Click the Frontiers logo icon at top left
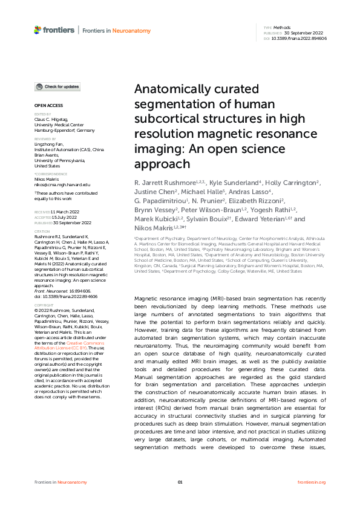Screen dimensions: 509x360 point(38,30)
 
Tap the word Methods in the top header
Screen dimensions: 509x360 point(281,28)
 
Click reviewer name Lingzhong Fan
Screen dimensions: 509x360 point(50,144)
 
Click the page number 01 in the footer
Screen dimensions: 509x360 point(180,481)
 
